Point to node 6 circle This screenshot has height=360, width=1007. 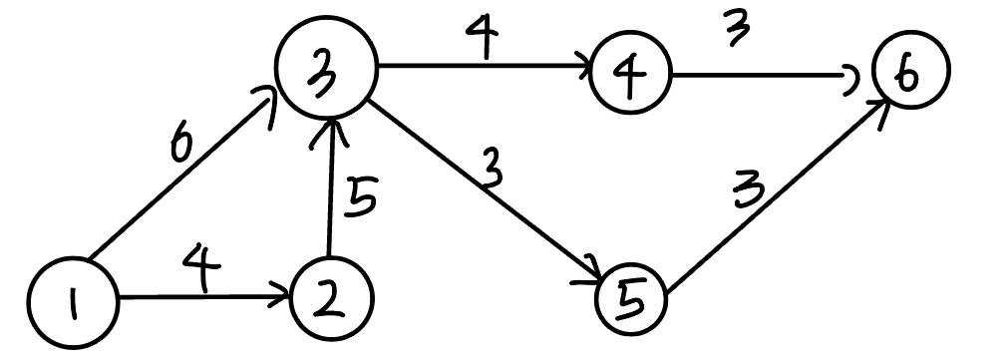[909, 71]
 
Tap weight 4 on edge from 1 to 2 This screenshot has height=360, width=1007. [196, 270]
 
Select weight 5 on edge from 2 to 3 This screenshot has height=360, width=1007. [362, 200]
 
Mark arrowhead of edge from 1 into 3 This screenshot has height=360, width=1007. [271, 100]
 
